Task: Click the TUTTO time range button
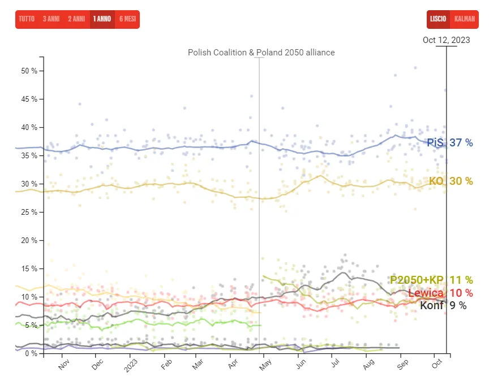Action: tap(27, 19)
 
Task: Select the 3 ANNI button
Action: tap(51, 19)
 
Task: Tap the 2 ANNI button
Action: tap(76, 19)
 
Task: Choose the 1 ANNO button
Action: tap(102, 19)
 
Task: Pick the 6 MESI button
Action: tap(127, 19)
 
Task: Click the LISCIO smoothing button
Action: tap(438, 19)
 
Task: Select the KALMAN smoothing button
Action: tap(465, 19)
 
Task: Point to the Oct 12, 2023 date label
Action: tap(446, 40)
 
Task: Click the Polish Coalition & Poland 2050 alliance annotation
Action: tap(261, 53)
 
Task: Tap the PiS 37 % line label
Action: tap(449, 143)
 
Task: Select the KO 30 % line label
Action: tap(450, 181)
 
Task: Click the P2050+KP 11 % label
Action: tap(431, 280)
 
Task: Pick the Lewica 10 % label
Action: tap(440, 293)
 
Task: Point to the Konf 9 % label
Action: tap(443, 306)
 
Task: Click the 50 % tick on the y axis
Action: tap(29, 71)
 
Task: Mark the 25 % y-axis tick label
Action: tap(29, 213)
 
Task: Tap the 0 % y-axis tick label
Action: tap(31, 354)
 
